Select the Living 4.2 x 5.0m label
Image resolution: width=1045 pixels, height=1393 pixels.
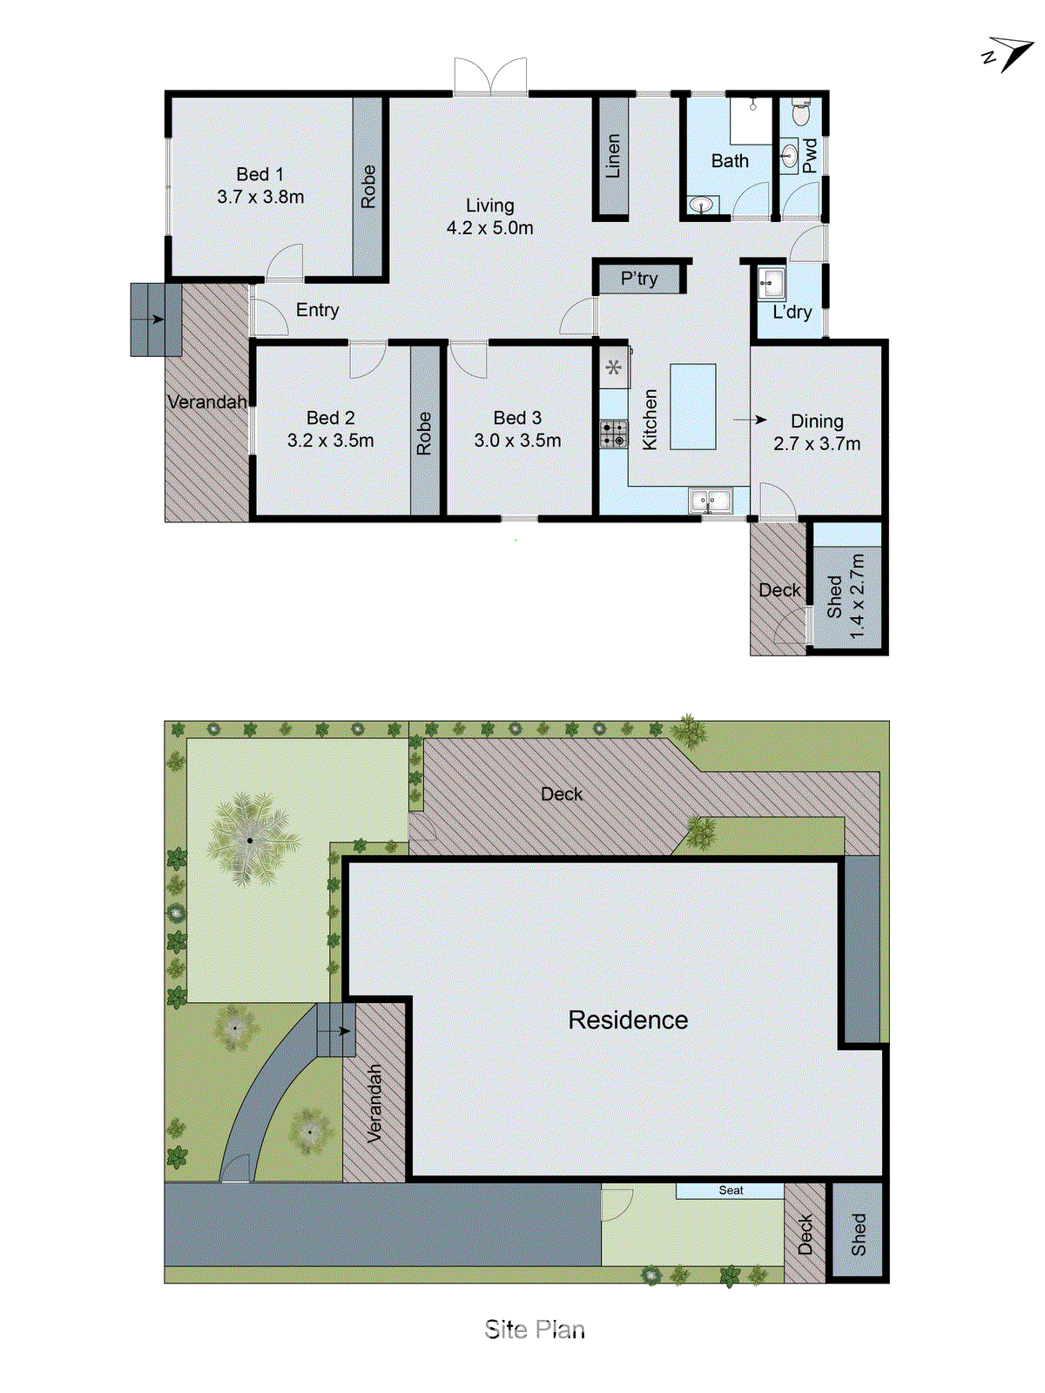[489, 217]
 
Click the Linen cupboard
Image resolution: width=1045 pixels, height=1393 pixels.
[613, 156]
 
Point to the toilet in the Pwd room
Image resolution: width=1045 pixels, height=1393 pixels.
[802, 113]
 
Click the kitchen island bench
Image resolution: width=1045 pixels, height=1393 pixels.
[693, 407]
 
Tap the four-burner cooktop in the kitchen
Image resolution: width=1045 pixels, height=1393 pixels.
[614, 434]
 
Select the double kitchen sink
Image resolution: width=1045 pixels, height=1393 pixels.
[711, 501]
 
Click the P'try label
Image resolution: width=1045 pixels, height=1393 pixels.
[639, 279]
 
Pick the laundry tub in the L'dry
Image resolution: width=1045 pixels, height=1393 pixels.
[772, 282]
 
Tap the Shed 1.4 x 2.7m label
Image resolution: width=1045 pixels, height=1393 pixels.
[846, 596]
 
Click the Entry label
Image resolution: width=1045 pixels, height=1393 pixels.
[317, 310]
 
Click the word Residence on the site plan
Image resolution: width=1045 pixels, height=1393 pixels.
[628, 1020]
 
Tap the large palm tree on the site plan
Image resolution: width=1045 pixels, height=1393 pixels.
[251, 839]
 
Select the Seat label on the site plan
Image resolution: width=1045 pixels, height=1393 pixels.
[731, 1190]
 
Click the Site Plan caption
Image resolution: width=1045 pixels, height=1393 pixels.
[535, 1329]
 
